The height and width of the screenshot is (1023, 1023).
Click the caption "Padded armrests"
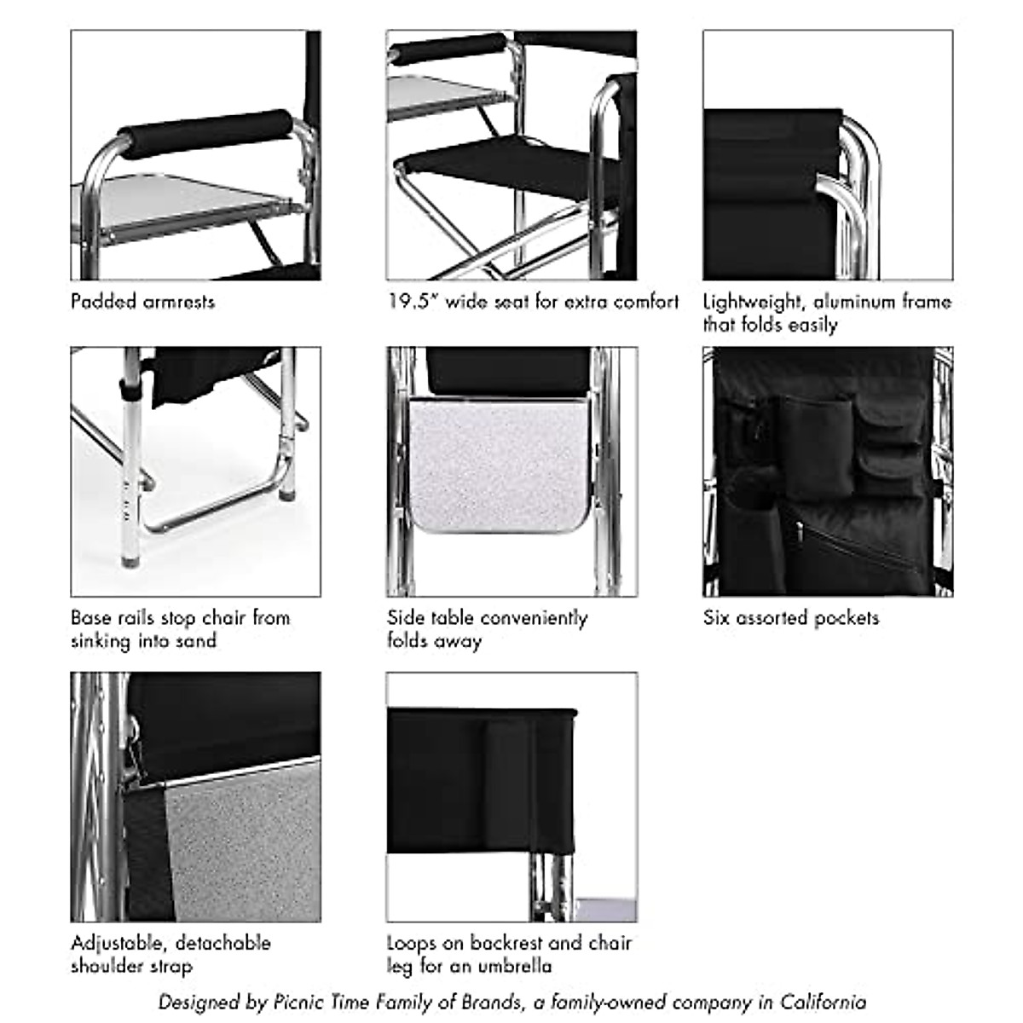(142, 302)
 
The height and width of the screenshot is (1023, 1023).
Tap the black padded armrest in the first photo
(209, 134)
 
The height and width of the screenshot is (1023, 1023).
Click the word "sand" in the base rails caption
(196, 641)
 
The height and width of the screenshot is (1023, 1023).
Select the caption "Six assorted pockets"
(790, 618)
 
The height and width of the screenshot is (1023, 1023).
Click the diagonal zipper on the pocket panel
(852, 546)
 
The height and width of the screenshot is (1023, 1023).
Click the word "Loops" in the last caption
(413, 943)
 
